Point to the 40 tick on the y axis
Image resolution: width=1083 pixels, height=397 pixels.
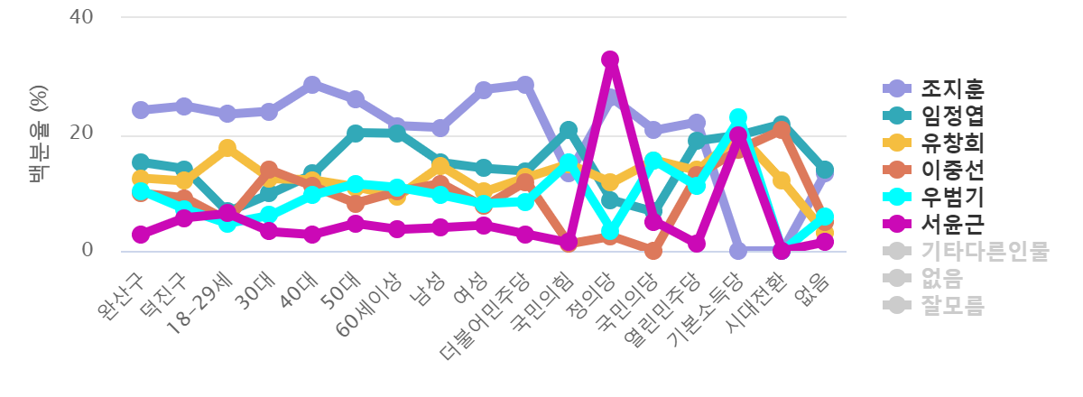tap(81, 17)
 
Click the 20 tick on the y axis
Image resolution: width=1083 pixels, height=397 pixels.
tap(81, 134)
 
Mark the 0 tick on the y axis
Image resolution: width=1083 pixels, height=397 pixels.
tap(88, 250)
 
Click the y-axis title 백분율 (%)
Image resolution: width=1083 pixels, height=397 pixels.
tap(39, 134)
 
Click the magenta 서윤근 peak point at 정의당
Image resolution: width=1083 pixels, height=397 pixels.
tap(610, 60)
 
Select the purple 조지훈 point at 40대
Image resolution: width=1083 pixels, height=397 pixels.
tap(312, 85)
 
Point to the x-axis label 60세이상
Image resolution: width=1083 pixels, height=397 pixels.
tap(370, 303)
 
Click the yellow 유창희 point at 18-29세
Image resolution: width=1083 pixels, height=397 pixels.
tap(227, 147)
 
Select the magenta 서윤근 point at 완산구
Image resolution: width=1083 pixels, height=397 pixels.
tap(141, 235)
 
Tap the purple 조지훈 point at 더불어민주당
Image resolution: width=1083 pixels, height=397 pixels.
tap(525, 85)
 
